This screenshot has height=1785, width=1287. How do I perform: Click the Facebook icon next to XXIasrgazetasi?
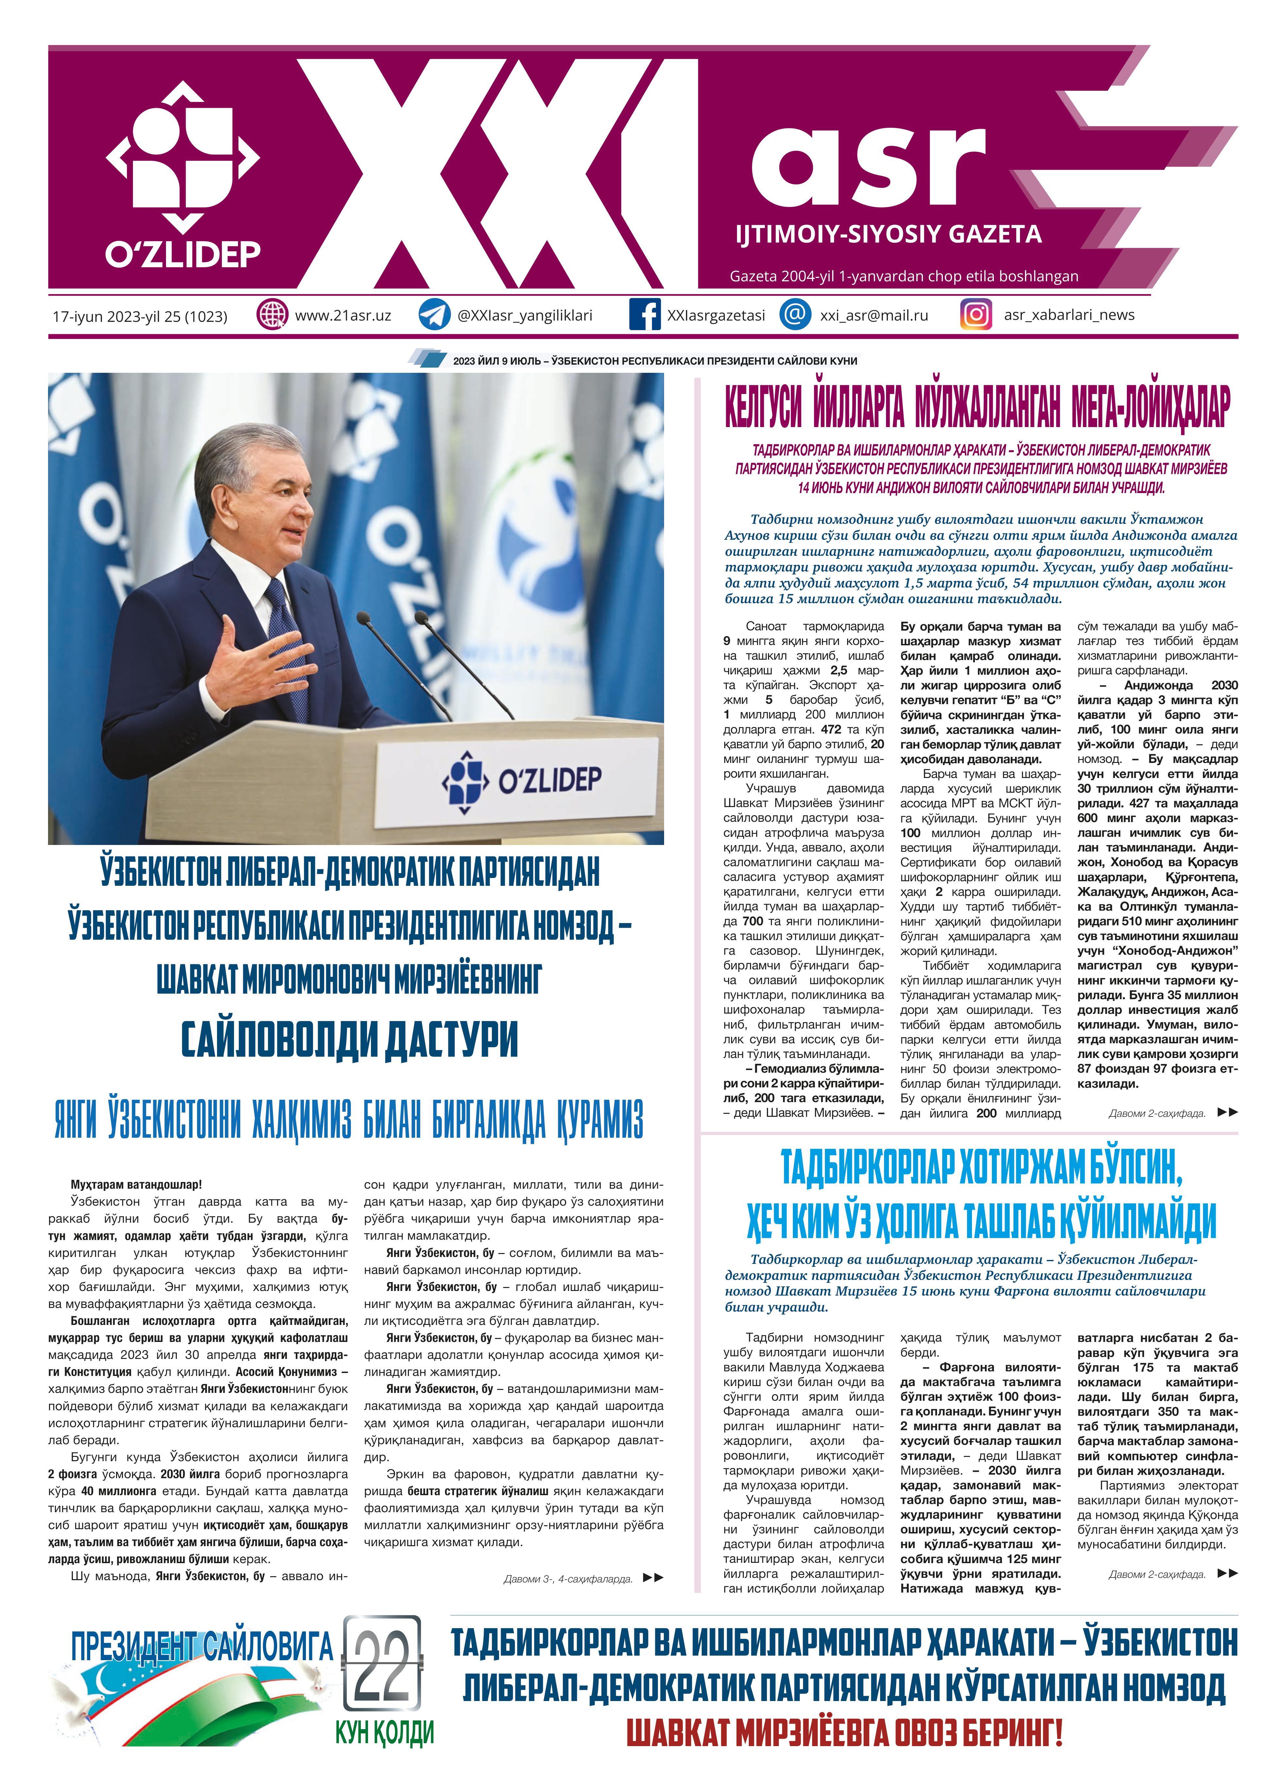(x=645, y=315)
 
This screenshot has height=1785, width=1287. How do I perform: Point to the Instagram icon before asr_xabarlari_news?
(x=976, y=315)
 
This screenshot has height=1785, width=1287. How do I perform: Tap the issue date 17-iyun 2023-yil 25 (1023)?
(x=140, y=316)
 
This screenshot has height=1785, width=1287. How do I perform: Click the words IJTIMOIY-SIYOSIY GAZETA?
(x=888, y=234)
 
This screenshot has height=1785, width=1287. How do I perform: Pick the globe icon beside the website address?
(x=272, y=315)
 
